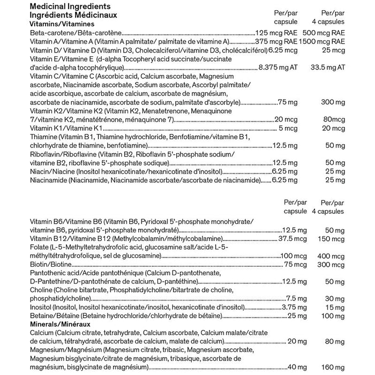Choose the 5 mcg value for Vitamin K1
(288, 127)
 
